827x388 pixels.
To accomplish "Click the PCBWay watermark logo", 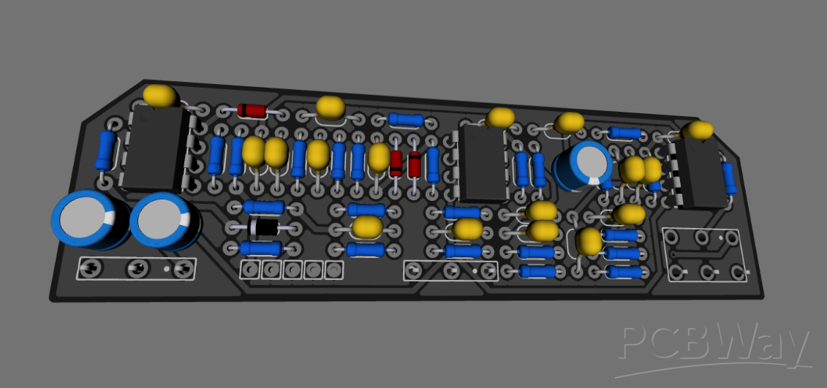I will [x=715, y=344].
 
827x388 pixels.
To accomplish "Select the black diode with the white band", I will [x=264, y=229].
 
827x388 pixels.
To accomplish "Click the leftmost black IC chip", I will [x=155, y=149].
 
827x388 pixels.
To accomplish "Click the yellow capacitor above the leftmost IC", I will [x=159, y=95].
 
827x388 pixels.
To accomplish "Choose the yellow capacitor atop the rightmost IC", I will [x=696, y=130].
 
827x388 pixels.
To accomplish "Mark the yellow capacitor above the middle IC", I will [x=501, y=117].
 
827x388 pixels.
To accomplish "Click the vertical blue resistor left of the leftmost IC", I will [x=107, y=151].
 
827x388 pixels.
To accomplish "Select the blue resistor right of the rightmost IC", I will [x=728, y=178].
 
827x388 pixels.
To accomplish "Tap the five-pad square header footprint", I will [x=292, y=270].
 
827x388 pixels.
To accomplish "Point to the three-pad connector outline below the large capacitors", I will [x=136, y=269].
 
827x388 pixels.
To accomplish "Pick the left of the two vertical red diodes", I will [x=396, y=164].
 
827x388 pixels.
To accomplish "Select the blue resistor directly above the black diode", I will [x=263, y=208].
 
